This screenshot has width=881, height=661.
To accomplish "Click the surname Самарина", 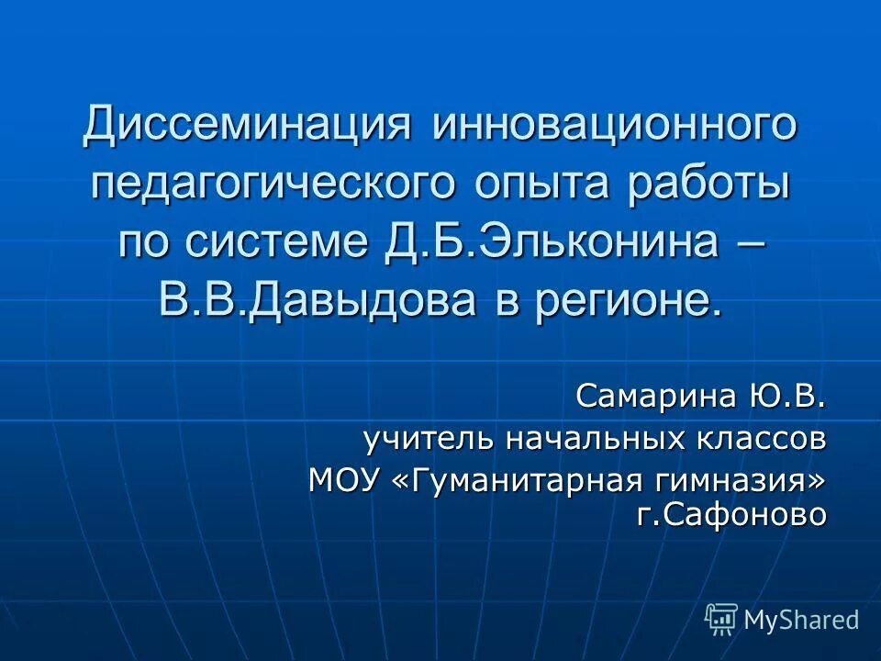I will click(654, 398).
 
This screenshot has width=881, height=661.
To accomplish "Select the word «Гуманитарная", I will click(517, 480).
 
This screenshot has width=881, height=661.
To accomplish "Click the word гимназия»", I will click(737, 480).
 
